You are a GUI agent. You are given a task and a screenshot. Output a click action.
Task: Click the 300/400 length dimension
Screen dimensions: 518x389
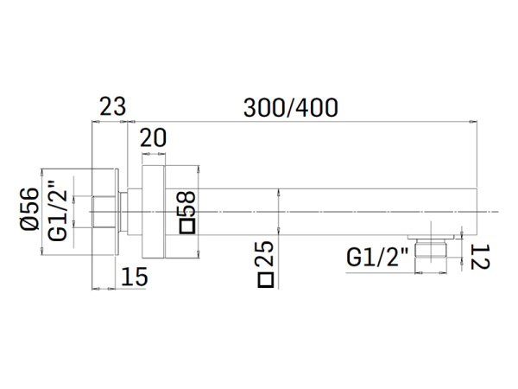[291, 108]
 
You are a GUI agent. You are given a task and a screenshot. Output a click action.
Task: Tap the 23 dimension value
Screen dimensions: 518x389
[112, 106]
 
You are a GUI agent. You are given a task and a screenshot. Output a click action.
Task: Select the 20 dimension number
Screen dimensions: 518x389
[153, 137]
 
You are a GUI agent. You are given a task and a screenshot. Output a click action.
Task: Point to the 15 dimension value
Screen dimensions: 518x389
[135, 277]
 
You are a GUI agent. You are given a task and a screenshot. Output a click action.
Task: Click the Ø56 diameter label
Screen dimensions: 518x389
[29, 208]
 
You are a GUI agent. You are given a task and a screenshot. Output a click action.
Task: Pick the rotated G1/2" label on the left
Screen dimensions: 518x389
[58, 211]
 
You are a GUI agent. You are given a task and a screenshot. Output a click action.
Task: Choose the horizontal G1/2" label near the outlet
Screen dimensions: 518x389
[377, 257]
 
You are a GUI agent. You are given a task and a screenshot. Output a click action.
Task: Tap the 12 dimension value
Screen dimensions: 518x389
[480, 257]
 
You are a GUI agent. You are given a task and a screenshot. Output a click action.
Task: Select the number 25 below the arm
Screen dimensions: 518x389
[265, 253]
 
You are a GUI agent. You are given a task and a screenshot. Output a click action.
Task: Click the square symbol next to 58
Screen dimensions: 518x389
[187, 226]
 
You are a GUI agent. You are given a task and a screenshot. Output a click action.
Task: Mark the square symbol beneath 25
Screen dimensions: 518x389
[266, 280]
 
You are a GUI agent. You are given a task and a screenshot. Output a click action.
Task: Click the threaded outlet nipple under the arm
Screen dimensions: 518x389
[431, 248]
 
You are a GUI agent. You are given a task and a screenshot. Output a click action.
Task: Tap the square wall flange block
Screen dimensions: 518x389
[154, 212]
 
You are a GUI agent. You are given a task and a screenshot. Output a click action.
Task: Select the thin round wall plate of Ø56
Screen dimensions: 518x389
[117, 212]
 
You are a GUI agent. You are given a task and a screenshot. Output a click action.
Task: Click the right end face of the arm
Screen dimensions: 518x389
[477, 212]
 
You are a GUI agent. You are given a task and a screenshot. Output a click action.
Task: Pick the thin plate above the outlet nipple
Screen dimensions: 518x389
[431, 237]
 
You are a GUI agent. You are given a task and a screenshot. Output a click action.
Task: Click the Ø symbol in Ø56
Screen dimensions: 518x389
[29, 223]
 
